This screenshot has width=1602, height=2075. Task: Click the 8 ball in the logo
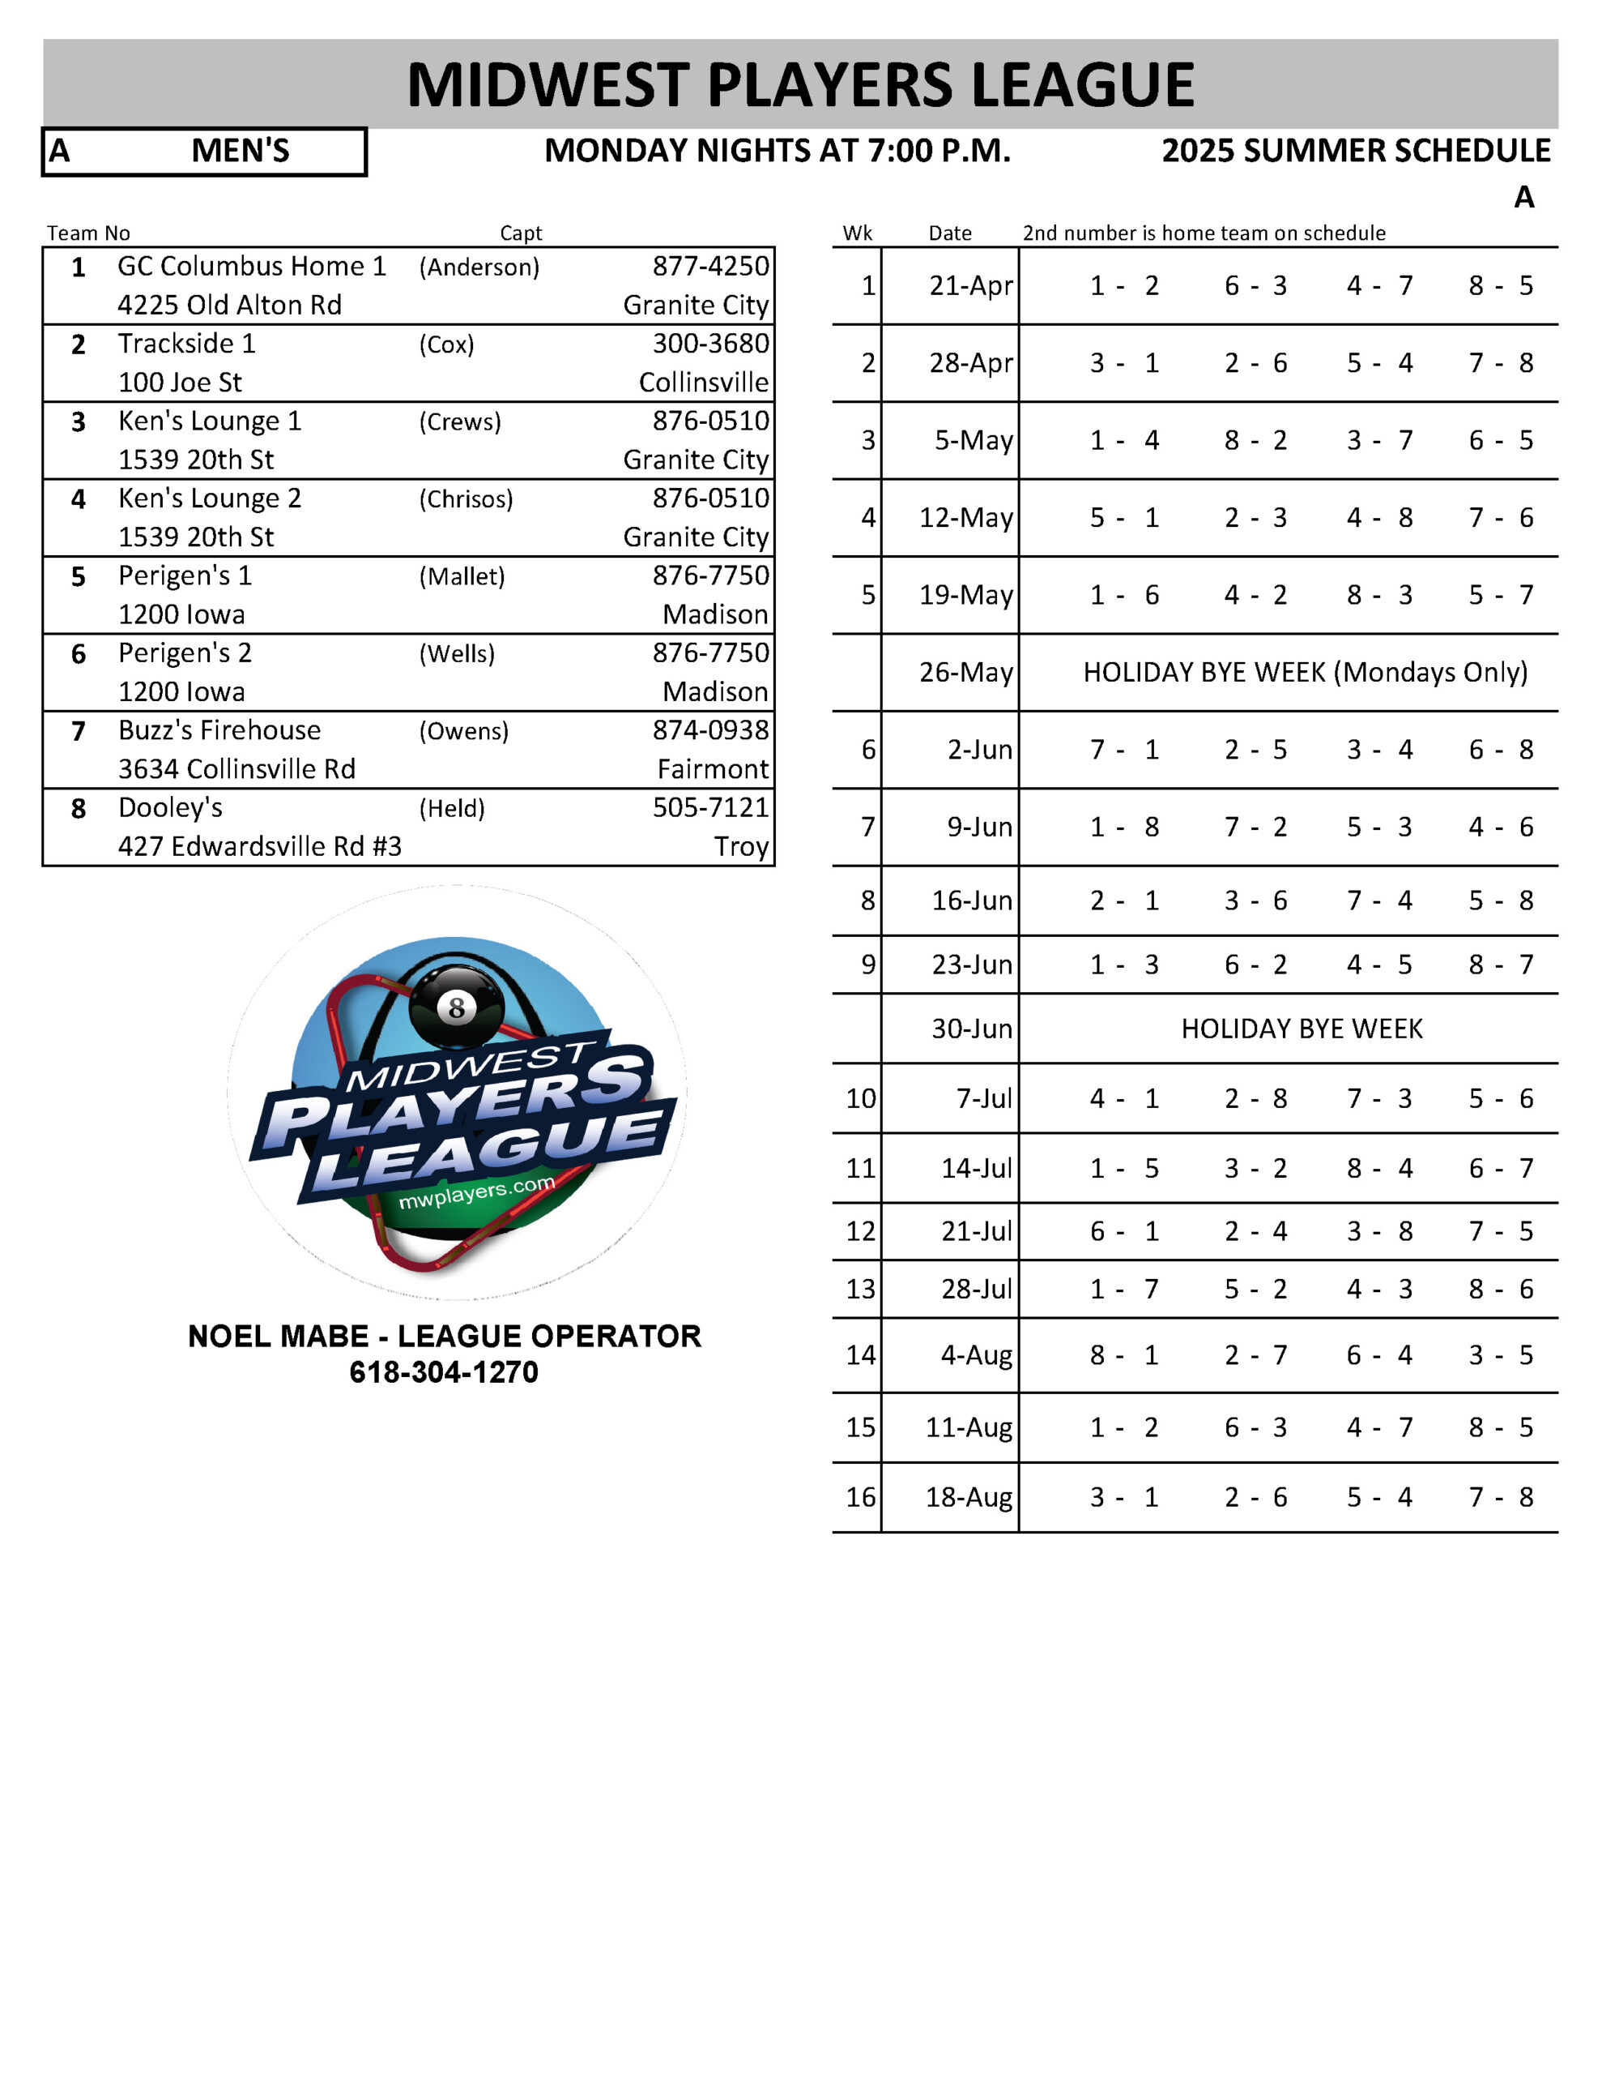pyautogui.click(x=457, y=1006)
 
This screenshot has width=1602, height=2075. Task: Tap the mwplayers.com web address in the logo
pyautogui.click(x=477, y=1192)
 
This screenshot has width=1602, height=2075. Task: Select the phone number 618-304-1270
pyautogui.click(x=444, y=1372)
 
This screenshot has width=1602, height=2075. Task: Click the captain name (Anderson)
pyautogui.click(x=479, y=267)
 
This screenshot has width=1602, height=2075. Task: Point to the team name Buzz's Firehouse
pyautogui.click(x=219, y=729)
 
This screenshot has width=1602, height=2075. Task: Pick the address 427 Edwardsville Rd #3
pyautogui.click(x=259, y=845)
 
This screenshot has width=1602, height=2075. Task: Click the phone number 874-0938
pyautogui.click(x=710, y=729)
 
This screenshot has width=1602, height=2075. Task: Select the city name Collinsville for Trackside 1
pyautogui.click(x=703, y=382)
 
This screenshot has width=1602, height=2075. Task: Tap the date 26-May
pyautogui.click(x=965, y=672)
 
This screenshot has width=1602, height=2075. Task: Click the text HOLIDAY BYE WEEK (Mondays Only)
pyautogui.click(x=1305, y=672)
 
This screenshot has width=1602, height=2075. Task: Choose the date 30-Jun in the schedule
pyautogui.click(x=971, y=1028)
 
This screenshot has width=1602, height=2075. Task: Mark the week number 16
pyautogui.click(x=860, y=1496)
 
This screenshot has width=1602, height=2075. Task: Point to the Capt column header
pyautogui.click(x=521, y=233)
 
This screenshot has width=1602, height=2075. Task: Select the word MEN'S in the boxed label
pyautogui.click(x=241, y=151)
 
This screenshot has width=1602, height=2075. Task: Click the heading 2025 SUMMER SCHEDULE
pyautogui.click(x=1355, y=151)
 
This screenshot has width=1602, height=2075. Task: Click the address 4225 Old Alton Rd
pyautogui.click(x=229, y=305)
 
